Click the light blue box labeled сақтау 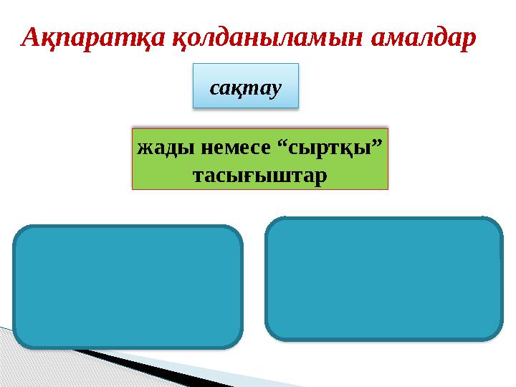point(245,86)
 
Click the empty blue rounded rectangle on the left point(128,287)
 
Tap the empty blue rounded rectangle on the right point(383,278)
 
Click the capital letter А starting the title point(32,38)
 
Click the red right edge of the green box point(387,159)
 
